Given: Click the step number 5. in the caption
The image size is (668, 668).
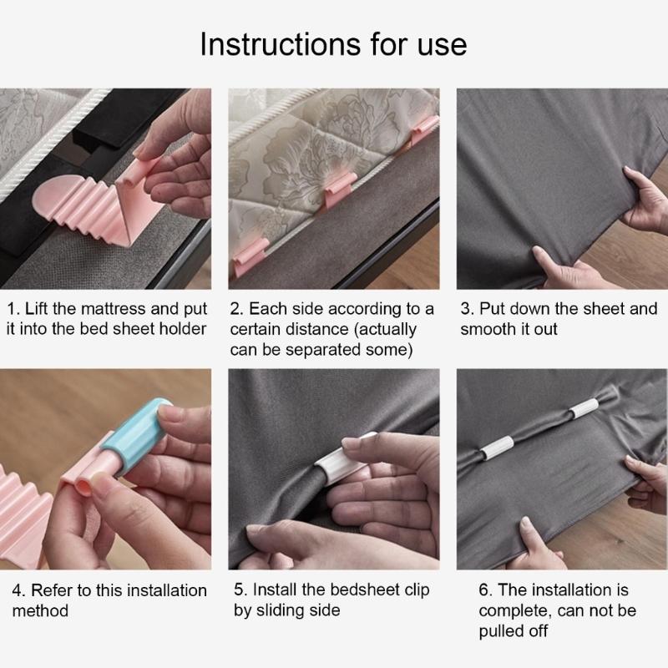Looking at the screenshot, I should coord(240,590).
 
